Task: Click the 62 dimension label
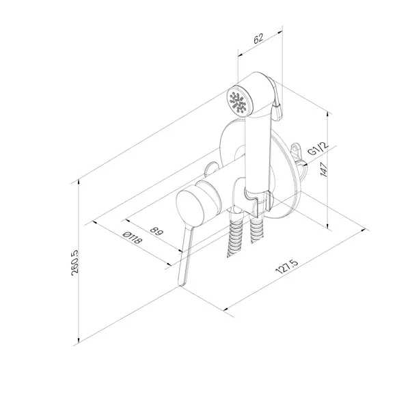pyautogui.click(x=258, y=38)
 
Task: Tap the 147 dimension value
pyautogui.click(x=324, y=169)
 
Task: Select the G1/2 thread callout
pyautogui.click(x=318, y=149)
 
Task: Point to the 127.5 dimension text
pyautogui.click(x=287, y=267)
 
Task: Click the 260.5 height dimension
pyautogui.click(x=74, y=262)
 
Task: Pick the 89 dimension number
pyautogui.click(x=157, y=231)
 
